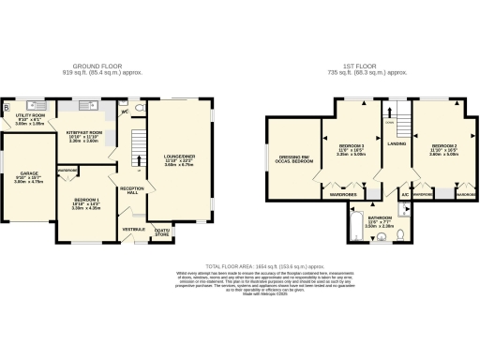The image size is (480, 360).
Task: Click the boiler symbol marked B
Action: click(7, 106)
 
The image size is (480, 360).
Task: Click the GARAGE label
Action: click(28, 175)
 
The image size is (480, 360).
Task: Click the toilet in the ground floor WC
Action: click(140, 108)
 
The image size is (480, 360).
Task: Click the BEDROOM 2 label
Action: click(443, 148)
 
